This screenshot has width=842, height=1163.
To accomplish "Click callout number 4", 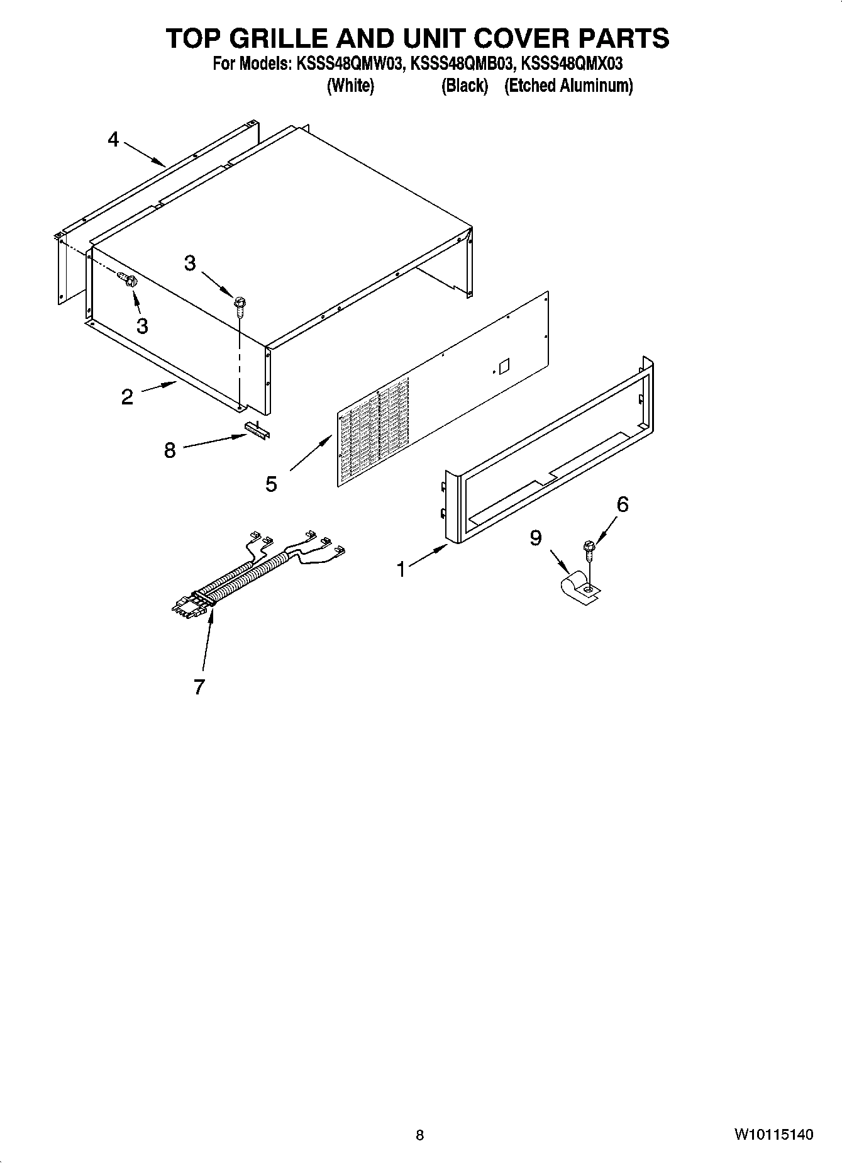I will [x=113, y=139].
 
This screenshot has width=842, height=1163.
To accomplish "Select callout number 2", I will [x=128, y=397].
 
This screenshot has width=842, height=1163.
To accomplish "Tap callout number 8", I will [x=170, y=450].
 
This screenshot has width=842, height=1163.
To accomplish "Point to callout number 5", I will [x=271, y=484].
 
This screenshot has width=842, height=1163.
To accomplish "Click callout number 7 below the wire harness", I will [x=199, y=687].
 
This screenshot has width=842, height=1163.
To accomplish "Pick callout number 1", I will [x=401, y=569].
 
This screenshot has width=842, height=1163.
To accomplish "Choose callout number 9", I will [x=536, y=538].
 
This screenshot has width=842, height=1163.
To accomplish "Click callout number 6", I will [x=622, y=504].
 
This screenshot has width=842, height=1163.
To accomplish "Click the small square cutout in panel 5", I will [x=502, y=365].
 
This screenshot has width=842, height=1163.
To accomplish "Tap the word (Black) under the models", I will [x=465, y=86].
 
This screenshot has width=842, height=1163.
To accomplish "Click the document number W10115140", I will [x=773, y=1135].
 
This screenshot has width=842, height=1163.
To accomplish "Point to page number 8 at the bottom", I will [x=420, y=1135].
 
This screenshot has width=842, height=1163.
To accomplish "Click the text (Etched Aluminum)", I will [x=568, y=86].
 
